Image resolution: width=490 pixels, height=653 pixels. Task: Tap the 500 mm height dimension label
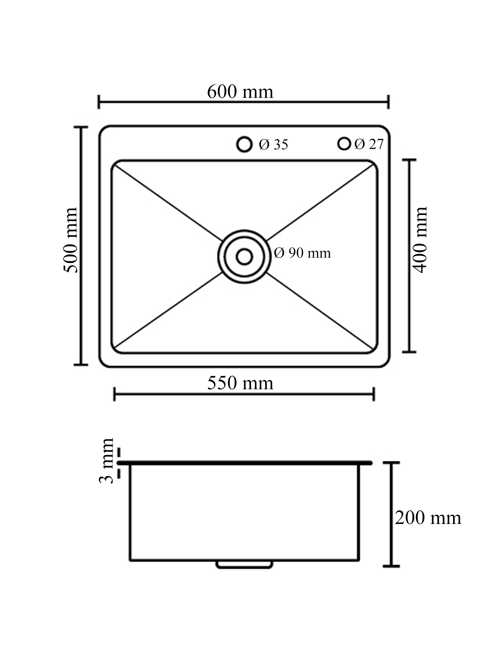click(71, 240)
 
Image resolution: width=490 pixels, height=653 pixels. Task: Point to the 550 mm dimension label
click(240, 383)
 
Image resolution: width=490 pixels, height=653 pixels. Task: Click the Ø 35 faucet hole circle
click(245, 144)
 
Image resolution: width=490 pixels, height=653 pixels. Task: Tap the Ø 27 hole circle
click(344, 143)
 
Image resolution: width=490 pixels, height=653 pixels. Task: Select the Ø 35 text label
click(273, 145)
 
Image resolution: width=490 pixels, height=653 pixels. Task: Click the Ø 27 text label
click(369, 144)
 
